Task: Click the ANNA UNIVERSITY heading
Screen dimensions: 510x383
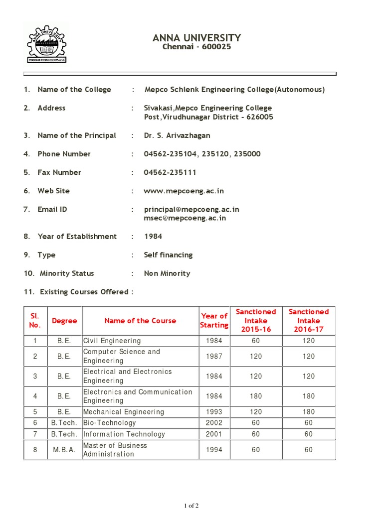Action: tap(197, 38)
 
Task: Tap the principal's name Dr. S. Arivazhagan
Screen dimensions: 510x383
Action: tap(177, 135)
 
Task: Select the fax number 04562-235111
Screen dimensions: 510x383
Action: tap(170, 172)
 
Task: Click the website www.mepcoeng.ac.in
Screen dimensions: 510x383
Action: tap(184, 191)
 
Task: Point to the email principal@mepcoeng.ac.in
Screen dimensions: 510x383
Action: tap(191, 209)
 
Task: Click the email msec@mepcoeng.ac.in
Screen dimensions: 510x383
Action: tap(185, 218)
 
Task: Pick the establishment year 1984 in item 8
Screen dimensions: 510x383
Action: tap(153, 236)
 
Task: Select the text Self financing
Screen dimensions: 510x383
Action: tap(168, 255)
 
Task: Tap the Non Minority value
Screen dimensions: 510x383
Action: tap(167, 273)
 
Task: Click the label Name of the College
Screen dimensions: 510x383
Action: tap(74, 90)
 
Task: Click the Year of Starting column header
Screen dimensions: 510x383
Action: tap(214, 320)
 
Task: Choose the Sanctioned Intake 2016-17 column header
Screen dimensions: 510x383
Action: tap(309, 320)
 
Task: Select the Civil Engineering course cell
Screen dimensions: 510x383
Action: tap(112, 341)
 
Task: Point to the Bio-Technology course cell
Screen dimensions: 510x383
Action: tap(110, 422)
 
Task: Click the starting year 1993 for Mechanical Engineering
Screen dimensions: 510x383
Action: tap(214, 412)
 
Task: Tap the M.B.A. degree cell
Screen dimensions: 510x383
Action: tap(64, 450)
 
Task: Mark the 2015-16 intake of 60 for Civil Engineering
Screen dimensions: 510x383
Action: tap(256, 341)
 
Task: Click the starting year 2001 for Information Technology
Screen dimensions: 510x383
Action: tap(214, 434)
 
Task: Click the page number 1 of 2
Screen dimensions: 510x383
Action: tap(191, 506)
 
